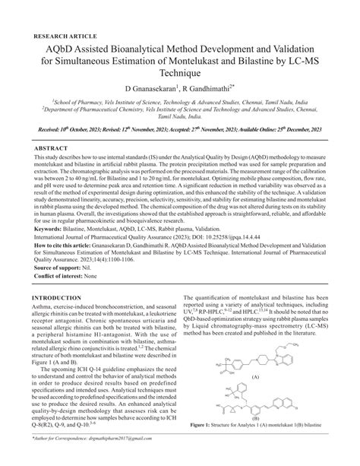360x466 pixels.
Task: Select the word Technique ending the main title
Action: click(179, 74)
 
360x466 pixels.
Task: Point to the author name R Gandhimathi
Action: click(216, 89)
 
